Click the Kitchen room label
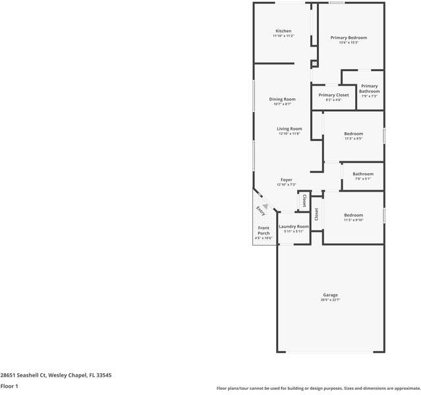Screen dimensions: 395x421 (x=283, y=31)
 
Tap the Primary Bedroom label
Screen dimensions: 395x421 (x=348, y=38)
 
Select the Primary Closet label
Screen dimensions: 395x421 (x=333, y=95)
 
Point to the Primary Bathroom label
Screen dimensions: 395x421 (x=369, y=89)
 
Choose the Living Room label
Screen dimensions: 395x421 (x=289, y=129)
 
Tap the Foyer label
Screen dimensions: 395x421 (x=286, y=180)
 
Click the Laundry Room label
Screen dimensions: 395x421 (x=293, y=226)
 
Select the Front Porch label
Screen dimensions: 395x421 (x=263, y=231)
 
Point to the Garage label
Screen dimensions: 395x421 (x=330, y=295)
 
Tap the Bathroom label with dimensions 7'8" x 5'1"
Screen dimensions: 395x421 (x=362, y=174)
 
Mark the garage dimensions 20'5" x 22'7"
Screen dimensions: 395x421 (x=330, y=300)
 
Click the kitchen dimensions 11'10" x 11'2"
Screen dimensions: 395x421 (x=283, y=36)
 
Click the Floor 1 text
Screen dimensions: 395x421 (x=9, y=386)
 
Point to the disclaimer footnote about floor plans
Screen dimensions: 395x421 (x=318, y=388)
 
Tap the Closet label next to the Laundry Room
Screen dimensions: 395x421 (x=304, y=200)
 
